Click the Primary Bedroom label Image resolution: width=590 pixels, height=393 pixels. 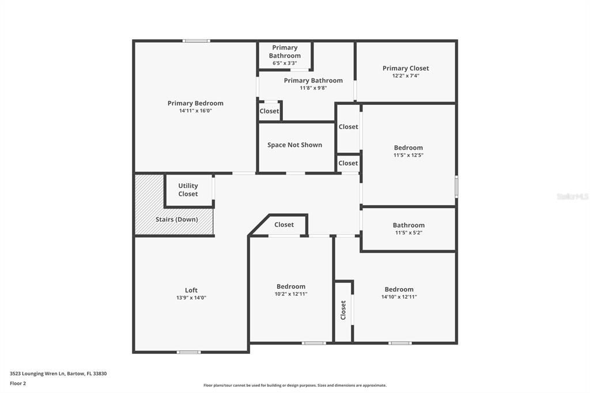195,103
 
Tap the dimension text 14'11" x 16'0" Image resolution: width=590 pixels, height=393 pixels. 195,111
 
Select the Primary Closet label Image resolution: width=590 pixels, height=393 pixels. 406,68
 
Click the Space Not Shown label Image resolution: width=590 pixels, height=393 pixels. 294,145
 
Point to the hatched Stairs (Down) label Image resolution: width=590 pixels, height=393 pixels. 176,220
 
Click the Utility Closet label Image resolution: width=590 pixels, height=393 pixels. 188,190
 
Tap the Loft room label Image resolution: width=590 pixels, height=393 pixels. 191,290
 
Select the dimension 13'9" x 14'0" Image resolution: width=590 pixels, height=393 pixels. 191,298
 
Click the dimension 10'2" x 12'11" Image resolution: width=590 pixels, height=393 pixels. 291,294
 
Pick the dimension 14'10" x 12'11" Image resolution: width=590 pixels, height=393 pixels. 399,297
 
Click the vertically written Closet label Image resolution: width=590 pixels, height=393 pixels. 343,310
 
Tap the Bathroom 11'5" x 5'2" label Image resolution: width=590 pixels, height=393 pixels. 409,225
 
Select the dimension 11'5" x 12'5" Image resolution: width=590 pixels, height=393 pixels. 409,155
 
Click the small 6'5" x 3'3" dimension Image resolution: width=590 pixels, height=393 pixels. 285,63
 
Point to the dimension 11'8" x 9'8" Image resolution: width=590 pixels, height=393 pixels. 313,88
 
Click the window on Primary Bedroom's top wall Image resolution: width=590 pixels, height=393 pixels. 196,41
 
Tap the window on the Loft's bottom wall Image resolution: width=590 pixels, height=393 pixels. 188,352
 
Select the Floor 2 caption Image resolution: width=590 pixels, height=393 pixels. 18,383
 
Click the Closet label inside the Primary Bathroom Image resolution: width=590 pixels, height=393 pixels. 269,111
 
